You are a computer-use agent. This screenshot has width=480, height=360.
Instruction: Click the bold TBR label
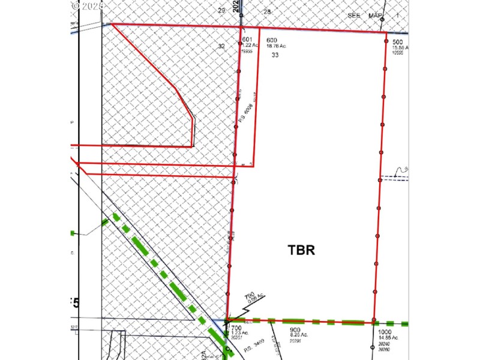(301, 250)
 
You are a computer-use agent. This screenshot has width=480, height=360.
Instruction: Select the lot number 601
(247, 40)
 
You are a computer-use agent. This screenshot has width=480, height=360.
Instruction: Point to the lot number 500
(397, 42)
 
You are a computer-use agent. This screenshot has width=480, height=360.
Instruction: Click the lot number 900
(295, 329)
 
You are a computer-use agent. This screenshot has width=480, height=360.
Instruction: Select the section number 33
(275, 55)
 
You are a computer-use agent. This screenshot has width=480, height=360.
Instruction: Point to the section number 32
(221, 46)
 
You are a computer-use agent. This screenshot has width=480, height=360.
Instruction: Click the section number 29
(221, 10)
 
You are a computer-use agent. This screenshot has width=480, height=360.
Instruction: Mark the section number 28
(267, 11)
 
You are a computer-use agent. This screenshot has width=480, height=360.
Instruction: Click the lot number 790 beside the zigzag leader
(249, 296)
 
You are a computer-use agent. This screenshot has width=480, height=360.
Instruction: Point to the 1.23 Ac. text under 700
(239, 334)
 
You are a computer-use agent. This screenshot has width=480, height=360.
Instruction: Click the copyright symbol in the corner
(75, 5)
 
